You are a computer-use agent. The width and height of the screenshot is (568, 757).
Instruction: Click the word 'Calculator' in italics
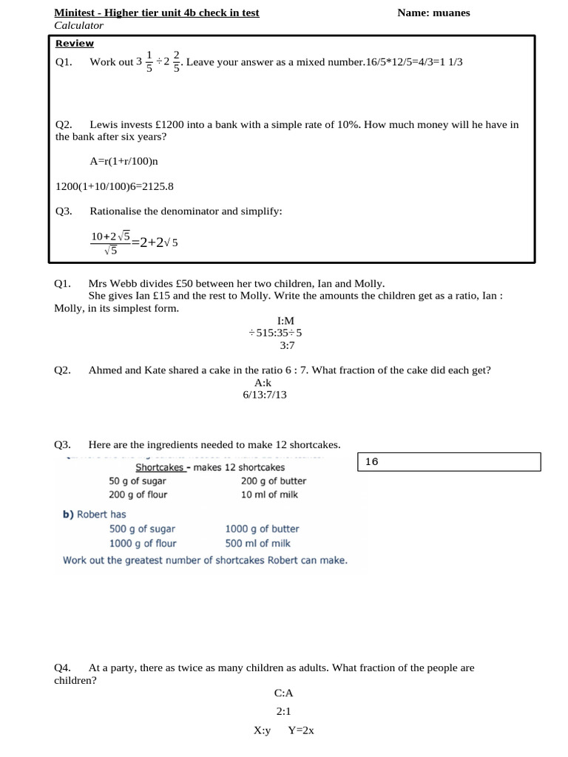click(79, 25)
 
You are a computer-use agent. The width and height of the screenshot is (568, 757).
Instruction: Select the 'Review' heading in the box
click(75, 44)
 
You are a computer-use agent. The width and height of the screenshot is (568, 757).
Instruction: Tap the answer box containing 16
click(450, 462)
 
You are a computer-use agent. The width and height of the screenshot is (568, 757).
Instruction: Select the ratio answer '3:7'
click(287, 345)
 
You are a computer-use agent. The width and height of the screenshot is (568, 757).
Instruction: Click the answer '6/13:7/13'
click(264, 395)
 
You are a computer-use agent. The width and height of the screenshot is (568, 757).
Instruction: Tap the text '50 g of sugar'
click(137, 481)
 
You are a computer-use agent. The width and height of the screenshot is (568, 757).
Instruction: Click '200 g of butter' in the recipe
click(273, 481)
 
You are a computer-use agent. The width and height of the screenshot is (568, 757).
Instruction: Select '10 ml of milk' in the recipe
click(269, 495)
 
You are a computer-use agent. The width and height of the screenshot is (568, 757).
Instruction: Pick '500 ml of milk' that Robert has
click(258, 543)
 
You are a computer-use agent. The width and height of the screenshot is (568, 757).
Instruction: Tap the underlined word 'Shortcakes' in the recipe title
click(159, 467)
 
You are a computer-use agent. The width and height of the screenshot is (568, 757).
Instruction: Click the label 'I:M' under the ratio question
click(285, 321)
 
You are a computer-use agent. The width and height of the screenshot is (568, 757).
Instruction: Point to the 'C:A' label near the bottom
click(284, 693)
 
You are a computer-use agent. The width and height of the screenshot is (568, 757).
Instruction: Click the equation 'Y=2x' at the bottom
click(301, 730)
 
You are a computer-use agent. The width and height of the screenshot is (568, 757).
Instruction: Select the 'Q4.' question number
click(62, 668)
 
